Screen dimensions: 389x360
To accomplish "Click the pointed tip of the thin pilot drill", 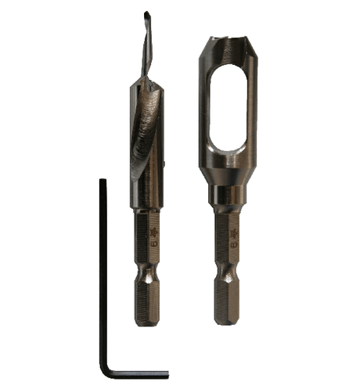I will click(146, 13).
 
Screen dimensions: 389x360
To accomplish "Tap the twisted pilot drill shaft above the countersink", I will click(145, 47).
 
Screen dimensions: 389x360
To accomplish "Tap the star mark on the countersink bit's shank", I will click(153, 232).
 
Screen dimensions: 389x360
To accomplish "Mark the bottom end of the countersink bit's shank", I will click(147, 323).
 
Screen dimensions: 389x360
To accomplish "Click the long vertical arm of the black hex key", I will click(103, 274).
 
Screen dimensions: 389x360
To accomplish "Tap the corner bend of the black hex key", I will click(106, 373).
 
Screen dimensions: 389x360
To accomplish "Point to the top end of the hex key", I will click(103, 182).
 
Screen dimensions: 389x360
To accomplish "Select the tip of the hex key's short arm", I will click(165, 374).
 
